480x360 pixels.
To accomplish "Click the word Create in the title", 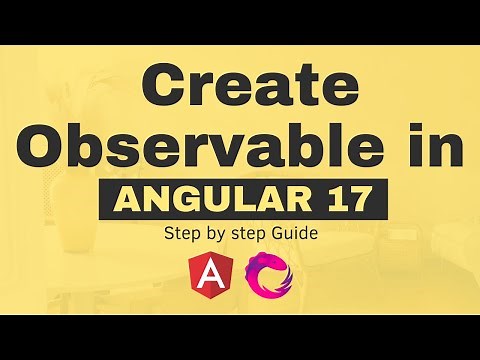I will coord(240,88).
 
